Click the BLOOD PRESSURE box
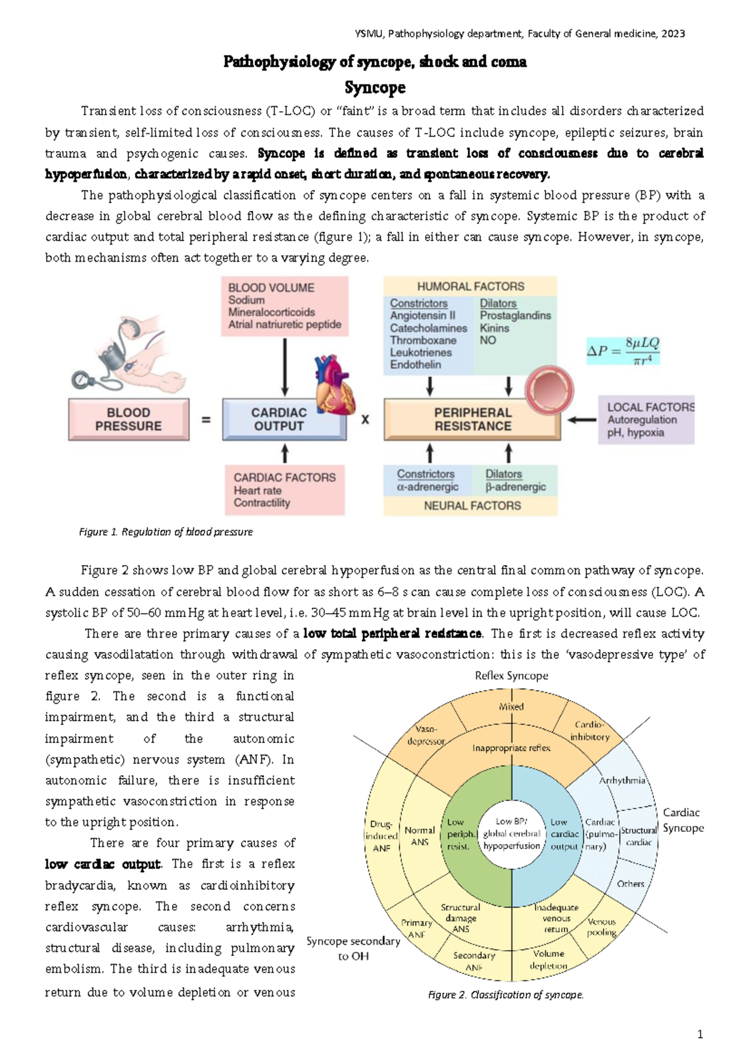pyautogui.click(x=128, y=420)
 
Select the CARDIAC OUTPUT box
pyautogui.click(x=279, y=420)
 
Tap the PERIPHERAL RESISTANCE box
pyautogui.click(x=472, y=420)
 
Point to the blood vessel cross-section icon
pyautogui.click(x=549, y=390)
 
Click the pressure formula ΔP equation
pyautogui.click(x=623, y=351)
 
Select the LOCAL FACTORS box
pyautogui.click(x=646, y=420)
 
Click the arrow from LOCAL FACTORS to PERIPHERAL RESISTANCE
pyautogui.click(x=581, y=420)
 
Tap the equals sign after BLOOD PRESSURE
pyautogui.click(x=206, y=420)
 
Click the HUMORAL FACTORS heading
pyautogui.click(x=471, y=287)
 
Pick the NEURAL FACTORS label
pyautogui.click(x=472, y=506)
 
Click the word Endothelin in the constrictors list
pyautogui.click(x=416, y=365)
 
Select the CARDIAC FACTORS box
pyautogui.click(x=284, y=490)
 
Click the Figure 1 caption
pyautogui.click(x=166, y=532)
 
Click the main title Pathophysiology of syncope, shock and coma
pyautogui.click(x=375, y=62)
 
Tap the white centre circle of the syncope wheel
pyautogui.click(x=511, y=834)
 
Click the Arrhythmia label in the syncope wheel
pyautogui.click(x=622, y=781)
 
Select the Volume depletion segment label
pyautogui.click(x=548, y=960)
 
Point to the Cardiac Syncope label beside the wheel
pyautogui.click(x=683, y=820)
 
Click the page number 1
pyautogui.click(x=699, y=1034)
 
